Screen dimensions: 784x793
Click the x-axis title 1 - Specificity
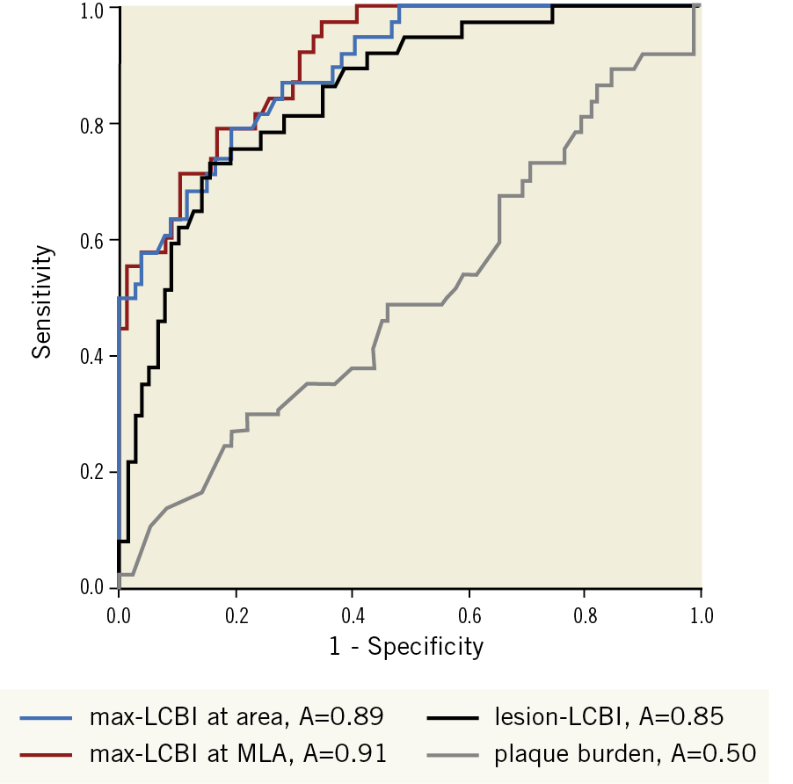click(406, 647)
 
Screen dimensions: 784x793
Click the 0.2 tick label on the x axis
click(236, 613)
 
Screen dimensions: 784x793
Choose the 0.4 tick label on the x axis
click(352, 613)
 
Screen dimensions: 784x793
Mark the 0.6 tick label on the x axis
click(468, 613)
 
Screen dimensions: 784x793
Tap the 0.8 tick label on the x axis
click(585, 613)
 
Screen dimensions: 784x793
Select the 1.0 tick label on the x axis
click(701, 613)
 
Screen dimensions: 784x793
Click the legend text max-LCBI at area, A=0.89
click(236, 716)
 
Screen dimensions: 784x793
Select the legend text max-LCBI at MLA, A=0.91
click(238, 753)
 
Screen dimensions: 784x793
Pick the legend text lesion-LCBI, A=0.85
click(608, 716)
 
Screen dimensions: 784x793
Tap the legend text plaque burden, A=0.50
click(624, 753)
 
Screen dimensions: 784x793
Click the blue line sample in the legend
click(47, 717)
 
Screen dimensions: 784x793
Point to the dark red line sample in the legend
click(47, 754)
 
